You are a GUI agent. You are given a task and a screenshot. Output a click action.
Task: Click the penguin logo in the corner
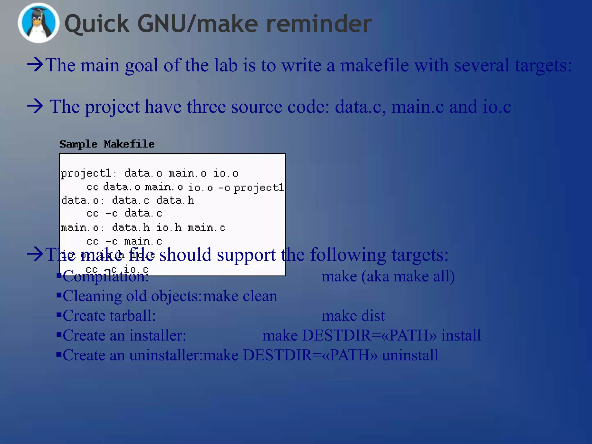coord(38,23)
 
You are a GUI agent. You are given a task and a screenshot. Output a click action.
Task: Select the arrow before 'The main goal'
coord(35,65)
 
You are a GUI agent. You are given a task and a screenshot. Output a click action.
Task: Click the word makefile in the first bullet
coord(374,65)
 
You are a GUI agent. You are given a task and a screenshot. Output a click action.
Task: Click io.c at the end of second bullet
coord(497,107)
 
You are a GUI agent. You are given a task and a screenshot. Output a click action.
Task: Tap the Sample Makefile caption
coord(107,144)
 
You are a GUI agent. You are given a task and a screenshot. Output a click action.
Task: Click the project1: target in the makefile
coord(88,173)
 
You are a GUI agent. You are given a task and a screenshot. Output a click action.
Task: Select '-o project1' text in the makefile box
coord(251,188)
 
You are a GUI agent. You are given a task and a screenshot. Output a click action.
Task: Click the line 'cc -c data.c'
coord(124,213)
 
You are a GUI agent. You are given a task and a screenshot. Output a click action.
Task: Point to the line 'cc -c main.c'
coord(124,241)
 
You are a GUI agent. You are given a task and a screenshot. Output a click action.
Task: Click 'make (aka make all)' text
coord(388,276)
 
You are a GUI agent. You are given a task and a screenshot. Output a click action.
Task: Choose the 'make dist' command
coord(353,316)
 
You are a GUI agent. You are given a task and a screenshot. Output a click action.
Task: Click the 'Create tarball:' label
coord(109,316)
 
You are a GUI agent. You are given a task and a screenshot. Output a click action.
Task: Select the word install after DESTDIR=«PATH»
coord(461,336)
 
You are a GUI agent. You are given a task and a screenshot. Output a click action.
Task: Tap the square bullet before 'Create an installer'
coord(59,335)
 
